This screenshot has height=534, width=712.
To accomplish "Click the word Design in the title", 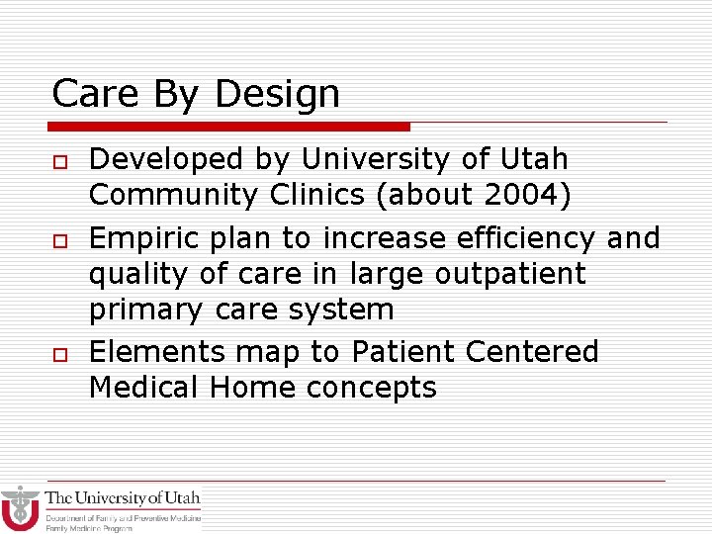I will pos(277,95).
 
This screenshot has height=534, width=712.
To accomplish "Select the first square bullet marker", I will pos(58,161).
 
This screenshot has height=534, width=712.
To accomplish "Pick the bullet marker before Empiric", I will pos(58,240).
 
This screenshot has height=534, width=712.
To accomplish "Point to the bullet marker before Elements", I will pos(58,354).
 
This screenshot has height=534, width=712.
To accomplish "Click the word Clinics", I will pos(317,195).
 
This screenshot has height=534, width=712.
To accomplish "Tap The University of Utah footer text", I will pos(123,498).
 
